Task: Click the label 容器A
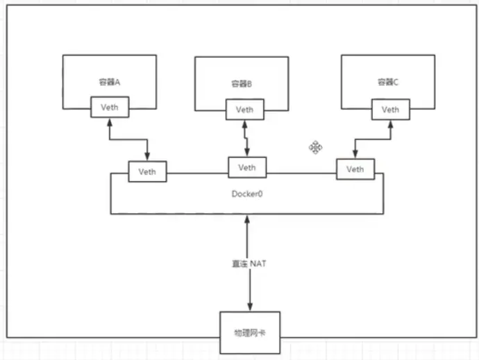[x=109, y=82]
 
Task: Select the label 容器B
[x=241, y=84]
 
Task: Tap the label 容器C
[x=388, y=82]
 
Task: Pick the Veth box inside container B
[x=244, y=110]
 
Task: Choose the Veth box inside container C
[x=390, y=109]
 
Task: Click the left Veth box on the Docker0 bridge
[x=147, y=171]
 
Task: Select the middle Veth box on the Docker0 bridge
[x=246, y=167]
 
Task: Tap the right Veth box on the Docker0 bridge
[x=354, y=169]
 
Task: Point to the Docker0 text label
[x=246, y=194]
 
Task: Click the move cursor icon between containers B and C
[x=315, y=147]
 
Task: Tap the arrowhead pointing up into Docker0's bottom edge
[x=248, y=219]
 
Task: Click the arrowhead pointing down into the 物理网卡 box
[x=249, y=307]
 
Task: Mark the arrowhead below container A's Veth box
[x=109, y=123]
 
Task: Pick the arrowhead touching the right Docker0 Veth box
[x=355, y=155]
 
